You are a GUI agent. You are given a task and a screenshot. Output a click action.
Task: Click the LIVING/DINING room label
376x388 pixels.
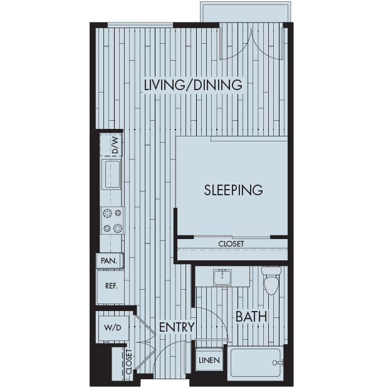(x=192, y=85)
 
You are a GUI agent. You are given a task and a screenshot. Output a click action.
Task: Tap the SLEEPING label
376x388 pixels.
(x=233, y=190)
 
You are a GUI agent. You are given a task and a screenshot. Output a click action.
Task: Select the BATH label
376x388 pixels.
(x=251, y=317)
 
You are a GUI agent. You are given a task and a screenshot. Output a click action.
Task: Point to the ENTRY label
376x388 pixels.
(x=176, y=327)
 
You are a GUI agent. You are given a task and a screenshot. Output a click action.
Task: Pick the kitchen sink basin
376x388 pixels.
(x=112, y=173)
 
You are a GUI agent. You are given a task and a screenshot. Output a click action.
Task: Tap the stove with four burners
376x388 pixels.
(x=112, y=220)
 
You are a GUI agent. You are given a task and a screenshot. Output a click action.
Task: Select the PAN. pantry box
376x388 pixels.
(x=109, y=260)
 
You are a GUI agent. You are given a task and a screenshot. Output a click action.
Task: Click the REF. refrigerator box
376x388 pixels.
(x=111, y=286)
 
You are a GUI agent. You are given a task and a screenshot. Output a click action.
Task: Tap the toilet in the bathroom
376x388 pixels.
(x=271, y=282)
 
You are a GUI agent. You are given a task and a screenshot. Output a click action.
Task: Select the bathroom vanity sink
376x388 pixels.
(x=223, y=277)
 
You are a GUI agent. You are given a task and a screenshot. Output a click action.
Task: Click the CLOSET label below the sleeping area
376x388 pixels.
(x=231, y=243)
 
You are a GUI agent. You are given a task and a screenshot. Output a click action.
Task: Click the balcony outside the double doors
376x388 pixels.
(x=245, y=12)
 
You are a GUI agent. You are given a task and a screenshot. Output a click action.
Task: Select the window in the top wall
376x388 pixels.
(x=140, y=25)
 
